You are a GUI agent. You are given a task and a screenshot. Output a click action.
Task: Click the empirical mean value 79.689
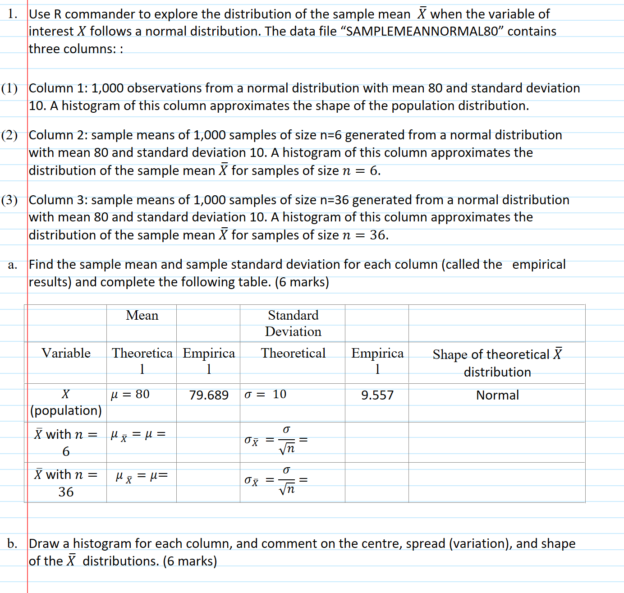[x=209, y=395]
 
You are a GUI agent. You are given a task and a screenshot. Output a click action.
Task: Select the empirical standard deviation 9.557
[x=377, y=395]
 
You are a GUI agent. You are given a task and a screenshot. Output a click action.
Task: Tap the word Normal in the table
[x=497, y=395]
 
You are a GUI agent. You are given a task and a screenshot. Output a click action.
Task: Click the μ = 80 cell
[x=130, y=394]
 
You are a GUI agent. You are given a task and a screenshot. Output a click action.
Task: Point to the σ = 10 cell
[x=266, y=394]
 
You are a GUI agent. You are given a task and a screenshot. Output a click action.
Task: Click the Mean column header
[x=142, y=315]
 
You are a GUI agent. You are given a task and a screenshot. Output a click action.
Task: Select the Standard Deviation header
[x=293, y=323]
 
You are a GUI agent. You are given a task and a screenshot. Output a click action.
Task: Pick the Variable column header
[x=66, y=353]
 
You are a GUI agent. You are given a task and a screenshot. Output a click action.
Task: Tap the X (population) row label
[x=66, y=402]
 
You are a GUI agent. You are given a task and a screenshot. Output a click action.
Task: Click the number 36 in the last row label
[x=66, y=492]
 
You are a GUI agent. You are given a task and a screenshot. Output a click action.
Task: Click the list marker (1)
[x=9, y=88]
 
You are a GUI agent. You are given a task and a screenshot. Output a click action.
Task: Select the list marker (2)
[x=9, y=135]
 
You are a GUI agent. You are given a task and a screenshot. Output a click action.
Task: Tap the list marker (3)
[x=9, y=200]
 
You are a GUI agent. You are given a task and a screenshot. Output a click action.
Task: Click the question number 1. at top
[x=13, y=14]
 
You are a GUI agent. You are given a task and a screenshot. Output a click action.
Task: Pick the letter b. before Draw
[x=12, y=543]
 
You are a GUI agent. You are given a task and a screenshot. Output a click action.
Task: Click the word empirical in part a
[x=539, y=264]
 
